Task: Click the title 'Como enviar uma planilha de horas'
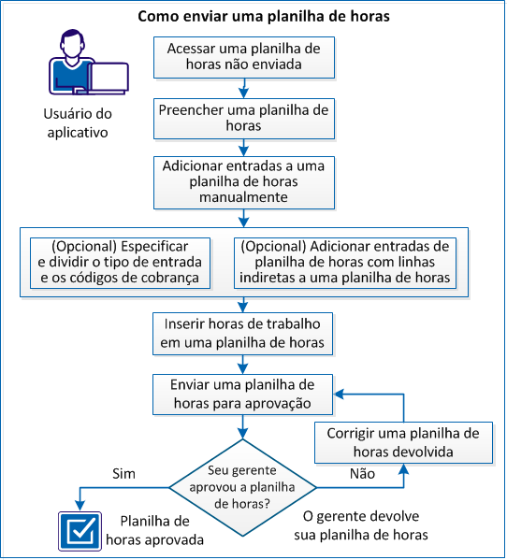tap(250, 17)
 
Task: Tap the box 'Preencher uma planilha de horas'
tap(243, 118)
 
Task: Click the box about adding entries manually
tap(243, 181)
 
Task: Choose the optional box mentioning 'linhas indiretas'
tap(345, 263)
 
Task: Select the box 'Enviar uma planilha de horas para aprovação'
tap(243, 395)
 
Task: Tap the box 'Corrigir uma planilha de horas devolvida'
tap(403, 442)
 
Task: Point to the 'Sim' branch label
tap(123, 474)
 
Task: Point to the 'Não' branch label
tap(362, 474)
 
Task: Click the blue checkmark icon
tap(80, 529)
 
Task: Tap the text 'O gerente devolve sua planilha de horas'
tap(367, 526)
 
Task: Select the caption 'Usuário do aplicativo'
tap(77, 122)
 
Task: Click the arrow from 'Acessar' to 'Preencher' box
tap(243, 87)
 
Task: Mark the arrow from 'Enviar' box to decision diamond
tap(243, 426)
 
